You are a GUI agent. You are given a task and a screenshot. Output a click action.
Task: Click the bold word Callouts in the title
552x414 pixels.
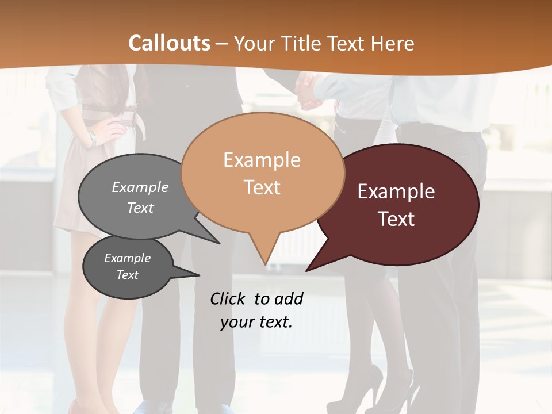(169, 43)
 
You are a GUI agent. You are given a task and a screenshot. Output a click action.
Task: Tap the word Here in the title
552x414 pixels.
(394, 44)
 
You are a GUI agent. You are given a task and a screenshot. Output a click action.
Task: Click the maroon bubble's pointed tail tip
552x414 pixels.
(307, 270)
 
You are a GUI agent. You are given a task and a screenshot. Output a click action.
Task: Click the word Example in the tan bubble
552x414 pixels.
(262, 159)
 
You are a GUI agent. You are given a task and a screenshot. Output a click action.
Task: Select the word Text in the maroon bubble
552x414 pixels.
(397, 219)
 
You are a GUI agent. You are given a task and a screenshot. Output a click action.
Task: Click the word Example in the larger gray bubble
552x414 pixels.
(140, 187)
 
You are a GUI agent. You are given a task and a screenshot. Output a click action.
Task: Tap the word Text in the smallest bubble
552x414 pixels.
(128, 275)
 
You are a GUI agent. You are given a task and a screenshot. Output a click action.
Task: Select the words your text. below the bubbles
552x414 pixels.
(256, 322)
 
